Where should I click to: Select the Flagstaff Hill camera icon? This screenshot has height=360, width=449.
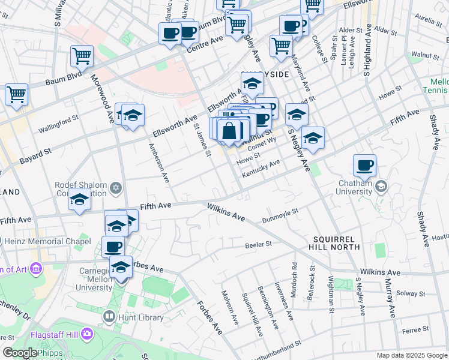coord(88,333)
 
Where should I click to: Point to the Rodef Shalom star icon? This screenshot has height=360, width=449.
coord(116,188)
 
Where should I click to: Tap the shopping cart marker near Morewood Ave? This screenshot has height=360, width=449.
coord(82,56)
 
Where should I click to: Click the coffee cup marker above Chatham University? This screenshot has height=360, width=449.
coord(364,165)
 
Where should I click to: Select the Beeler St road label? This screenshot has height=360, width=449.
coord(259,244)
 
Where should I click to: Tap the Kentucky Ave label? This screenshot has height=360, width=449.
coord(261,168)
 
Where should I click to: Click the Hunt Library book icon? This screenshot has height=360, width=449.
coord(109,316)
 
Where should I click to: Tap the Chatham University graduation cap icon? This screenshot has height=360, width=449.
coord(381,187)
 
